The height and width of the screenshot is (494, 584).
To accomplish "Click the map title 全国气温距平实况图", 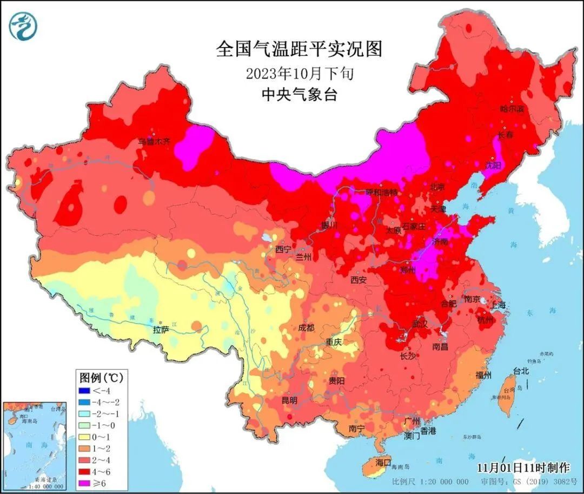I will click(x=299, y=49).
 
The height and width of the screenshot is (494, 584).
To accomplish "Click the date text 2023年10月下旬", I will click(x=299, y=73).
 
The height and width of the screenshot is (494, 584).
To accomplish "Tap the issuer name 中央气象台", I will click(x=299, y=95).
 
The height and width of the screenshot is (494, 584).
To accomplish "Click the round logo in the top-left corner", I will click(x=23, y=27).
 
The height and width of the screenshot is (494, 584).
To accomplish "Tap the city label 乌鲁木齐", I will click(x=154, y=142).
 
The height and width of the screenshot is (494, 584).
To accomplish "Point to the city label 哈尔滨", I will click(x=512, y=109).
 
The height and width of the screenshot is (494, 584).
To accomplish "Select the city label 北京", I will click(x=437, y=187).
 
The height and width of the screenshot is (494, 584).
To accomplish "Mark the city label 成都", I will click(x=306, y=327).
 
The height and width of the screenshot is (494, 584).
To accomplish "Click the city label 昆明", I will click(x=289, y=401).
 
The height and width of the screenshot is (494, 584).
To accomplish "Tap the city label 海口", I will click(x=383, y=463).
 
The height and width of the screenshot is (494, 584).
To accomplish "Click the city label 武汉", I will click(x=420, y=324).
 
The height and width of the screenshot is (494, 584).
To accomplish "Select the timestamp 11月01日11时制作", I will click(x=523, y=467).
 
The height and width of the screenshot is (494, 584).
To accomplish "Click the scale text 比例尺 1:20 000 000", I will click(x=430, y=482).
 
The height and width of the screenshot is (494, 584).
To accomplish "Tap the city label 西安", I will click(x=359, y=280).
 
